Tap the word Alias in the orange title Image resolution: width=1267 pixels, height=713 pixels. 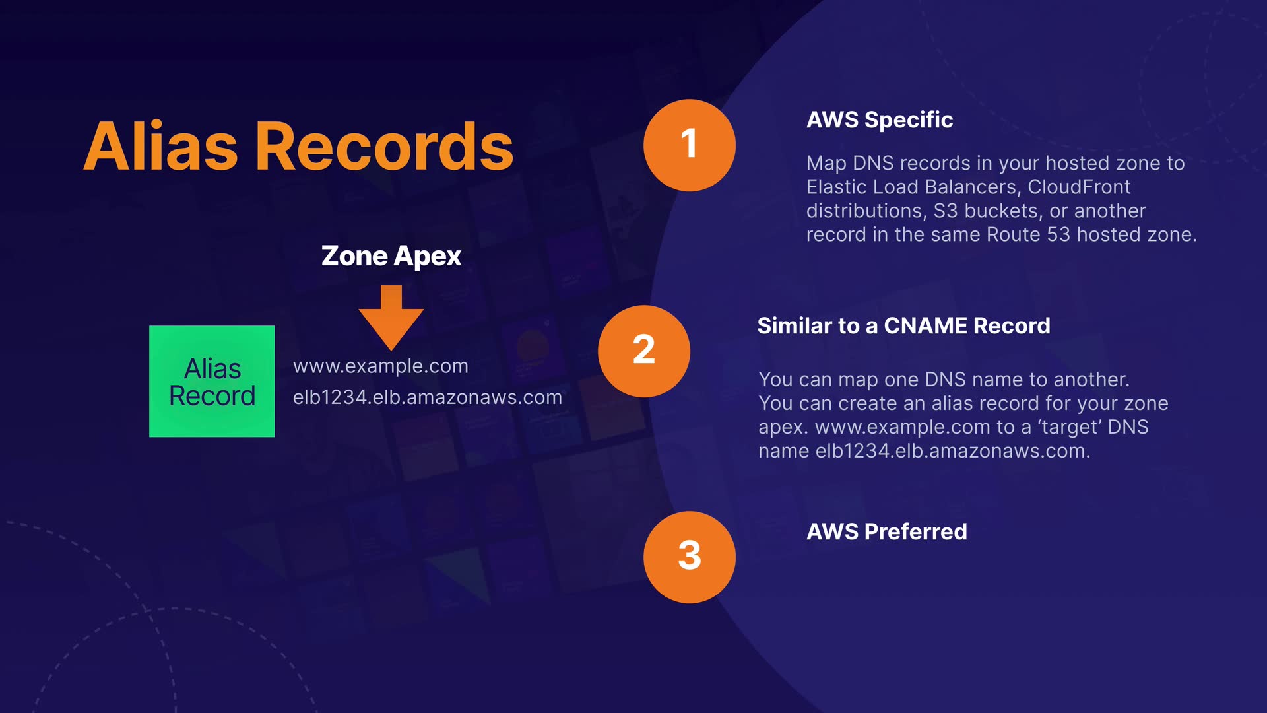pyautogui.click(x=161, y=147)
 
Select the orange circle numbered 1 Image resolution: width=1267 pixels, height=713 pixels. pyautogui.click(x=689, y=145)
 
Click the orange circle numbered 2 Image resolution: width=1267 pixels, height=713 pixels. pyautogui.click(x=643, y=351)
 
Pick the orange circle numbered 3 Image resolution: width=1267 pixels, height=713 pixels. pyautogui.click(x=689, y=557)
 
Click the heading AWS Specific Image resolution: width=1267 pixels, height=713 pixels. pyautogui.click(x=879, y=119)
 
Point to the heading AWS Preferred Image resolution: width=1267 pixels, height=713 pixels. pyautogui.click(x=886, y=531)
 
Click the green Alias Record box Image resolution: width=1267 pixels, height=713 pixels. pyautogui.click(x=212, y=381)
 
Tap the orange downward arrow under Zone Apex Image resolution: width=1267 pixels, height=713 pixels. pyautogui.click(x=391, y=317)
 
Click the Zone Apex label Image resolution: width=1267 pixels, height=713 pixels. pyautogui.click(x=391, y=256)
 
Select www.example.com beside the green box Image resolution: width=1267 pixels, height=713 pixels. pyautogui.click(x=380, y=366)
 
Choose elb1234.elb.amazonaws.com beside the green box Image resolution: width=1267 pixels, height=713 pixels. pyautogui.click(x=427, y=397)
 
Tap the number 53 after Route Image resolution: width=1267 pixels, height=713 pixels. pyautogui.click(x=1058, y=234)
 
